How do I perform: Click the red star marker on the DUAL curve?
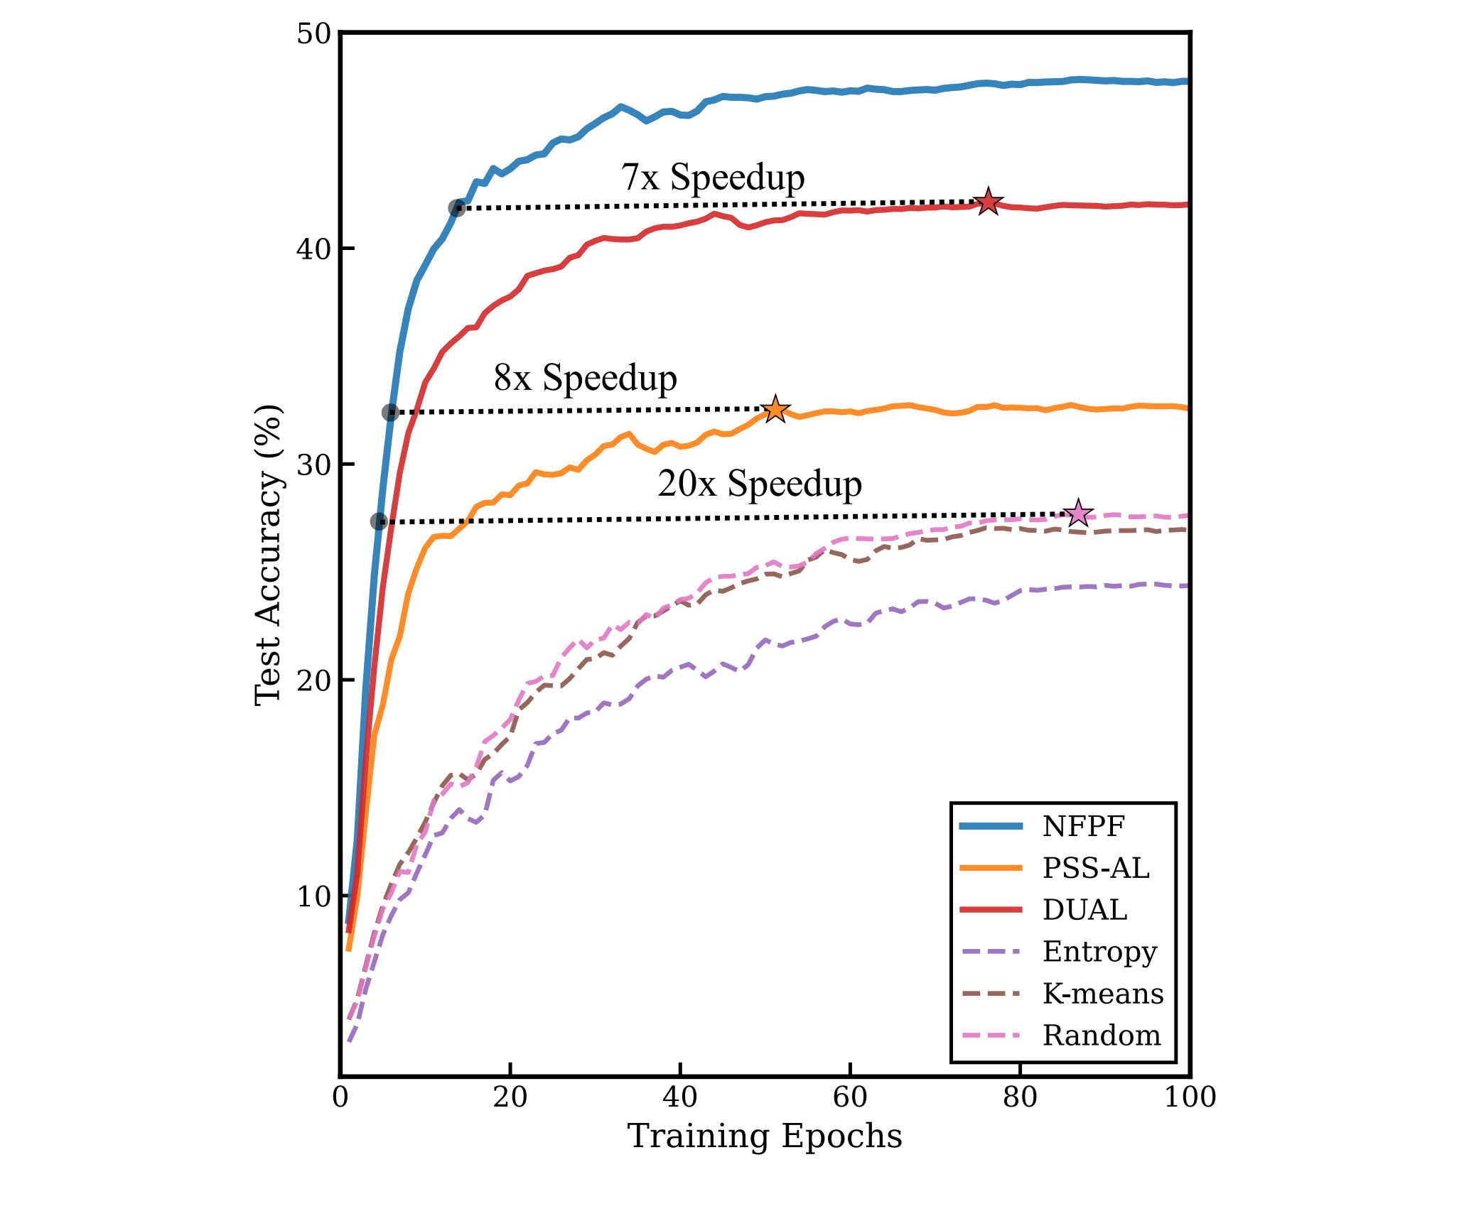pos(987,202)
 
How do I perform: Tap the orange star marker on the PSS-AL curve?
pos(775,409)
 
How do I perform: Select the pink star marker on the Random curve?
pos(1078,513)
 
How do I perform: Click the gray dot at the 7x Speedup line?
pos(457,208)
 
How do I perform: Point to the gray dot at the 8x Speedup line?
pos(390,412)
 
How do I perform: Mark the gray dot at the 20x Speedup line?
pos(379,521)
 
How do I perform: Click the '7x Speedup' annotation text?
pos(713,177)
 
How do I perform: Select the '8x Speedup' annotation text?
pos(585,378)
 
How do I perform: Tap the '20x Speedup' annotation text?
pos(759,484)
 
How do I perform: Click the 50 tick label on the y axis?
pos(313,34)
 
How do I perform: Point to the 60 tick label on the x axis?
pos(850,1097)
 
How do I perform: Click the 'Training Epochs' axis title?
pos(765,1136)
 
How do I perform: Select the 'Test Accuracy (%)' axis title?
pos(269,555)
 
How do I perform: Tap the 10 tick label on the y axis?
pos(313,896)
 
